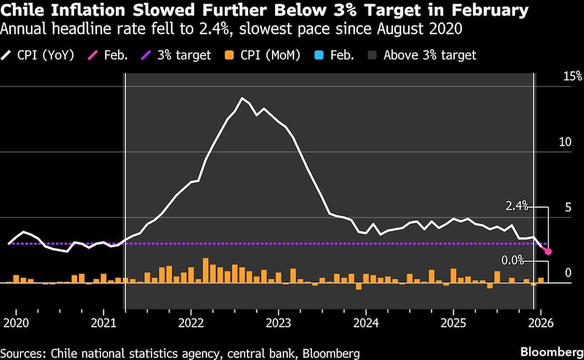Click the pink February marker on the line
548,251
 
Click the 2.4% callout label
517,206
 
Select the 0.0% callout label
513,260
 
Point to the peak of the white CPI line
242,98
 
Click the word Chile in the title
24,10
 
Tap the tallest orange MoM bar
206,271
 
